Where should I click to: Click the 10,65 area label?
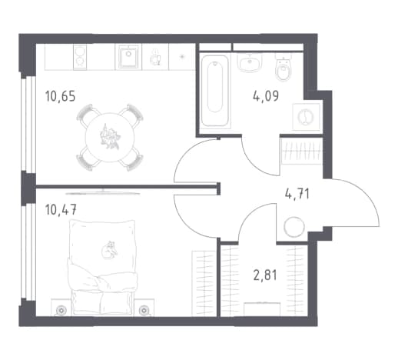(60, 96)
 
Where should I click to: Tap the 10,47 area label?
(61, 210)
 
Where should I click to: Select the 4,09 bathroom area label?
(266, 96)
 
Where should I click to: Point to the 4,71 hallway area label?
(297, 194)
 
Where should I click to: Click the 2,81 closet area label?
(265, 275)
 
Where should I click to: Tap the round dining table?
(110, 137)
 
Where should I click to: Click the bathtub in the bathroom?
(215, 91)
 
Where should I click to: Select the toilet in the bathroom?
(284, 68)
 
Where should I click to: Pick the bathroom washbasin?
(250, 62)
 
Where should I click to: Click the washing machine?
(306, 117)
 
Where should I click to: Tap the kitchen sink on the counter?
(128, 57)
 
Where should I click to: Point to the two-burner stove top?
(80, 57)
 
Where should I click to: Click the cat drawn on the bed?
(109, 250)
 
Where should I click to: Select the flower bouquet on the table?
(110, 137)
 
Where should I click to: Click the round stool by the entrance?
(294, 227)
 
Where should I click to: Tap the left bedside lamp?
(61, 310)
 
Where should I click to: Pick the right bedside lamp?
(144, 310)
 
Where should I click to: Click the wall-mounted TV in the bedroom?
(102, 192)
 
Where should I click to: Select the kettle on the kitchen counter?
(155, 57)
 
